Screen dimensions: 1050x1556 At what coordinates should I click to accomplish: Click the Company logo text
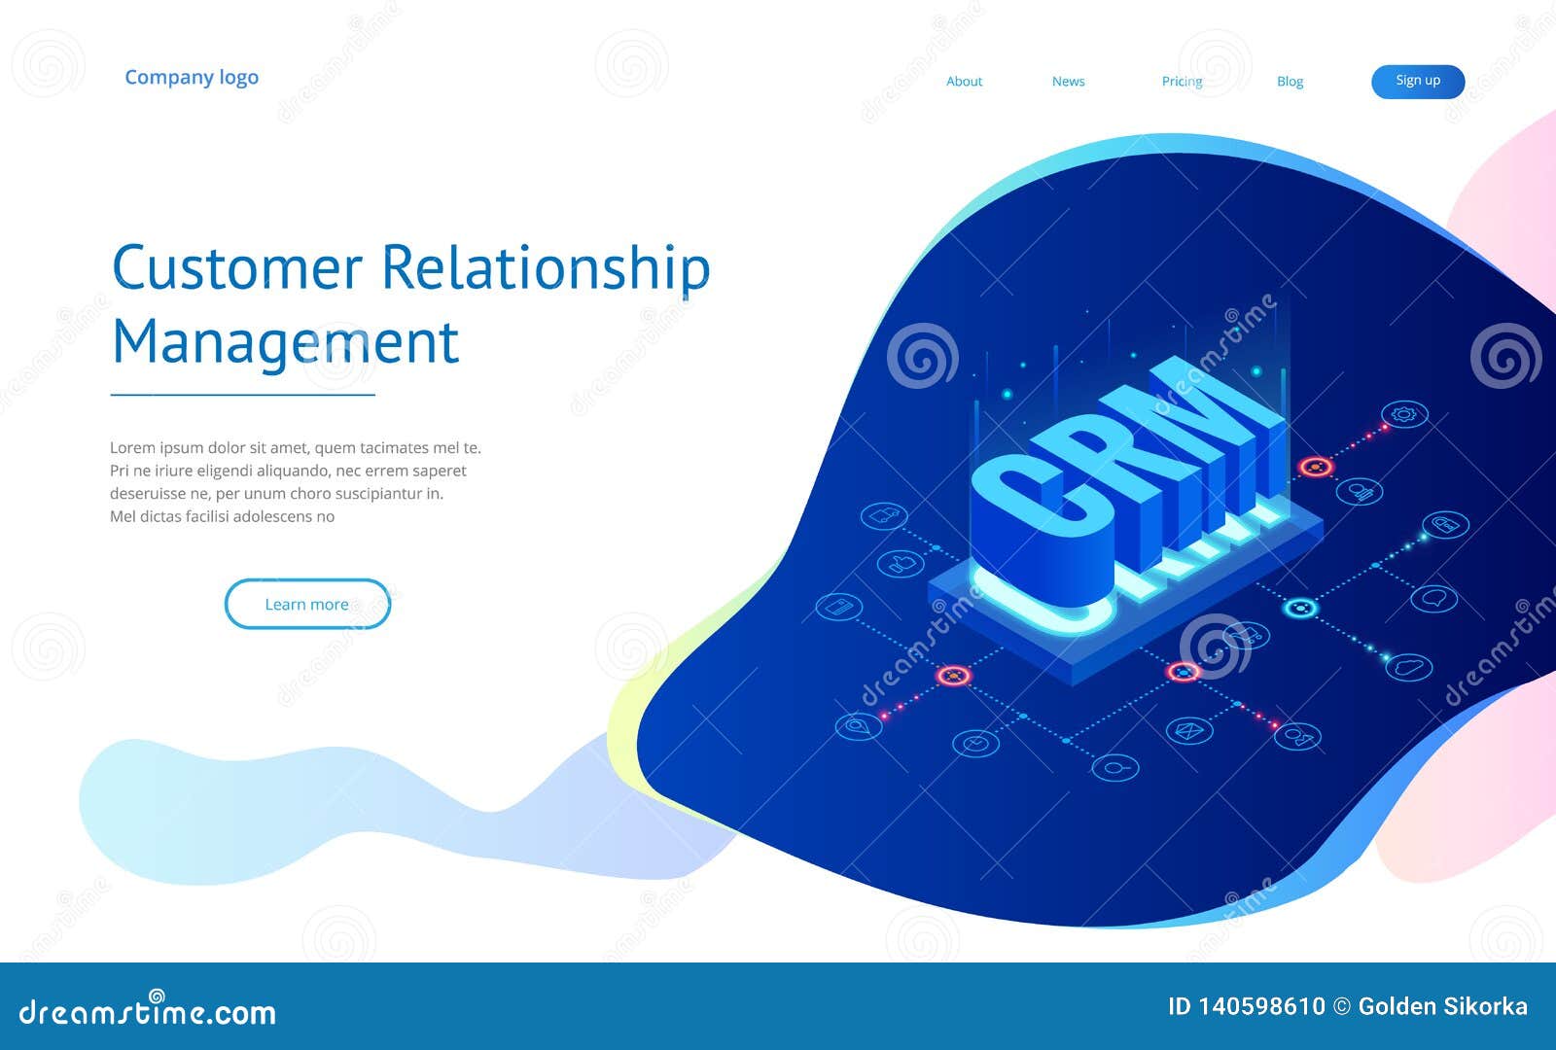(x=192, y=78)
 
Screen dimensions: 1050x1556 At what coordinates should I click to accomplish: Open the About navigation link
(x=964, y=82)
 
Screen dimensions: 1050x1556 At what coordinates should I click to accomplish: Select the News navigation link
(x=1068, y=82)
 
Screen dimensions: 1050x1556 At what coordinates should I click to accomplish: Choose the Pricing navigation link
(x=1182, y=82)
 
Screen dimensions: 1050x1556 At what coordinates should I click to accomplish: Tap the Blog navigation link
(x=1290, y=82)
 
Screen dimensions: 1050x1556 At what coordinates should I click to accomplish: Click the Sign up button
(x=1418, y=82)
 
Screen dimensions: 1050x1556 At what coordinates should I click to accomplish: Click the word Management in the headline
(x=285, y=342)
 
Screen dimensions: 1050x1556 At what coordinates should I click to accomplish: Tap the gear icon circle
(x=1404, y=415)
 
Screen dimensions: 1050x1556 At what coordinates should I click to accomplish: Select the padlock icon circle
(x=1445, y=525)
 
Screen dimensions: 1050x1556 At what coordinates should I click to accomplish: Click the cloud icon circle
(x=1408, y=667)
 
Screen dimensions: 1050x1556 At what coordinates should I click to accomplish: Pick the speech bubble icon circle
(x=1433, y=598)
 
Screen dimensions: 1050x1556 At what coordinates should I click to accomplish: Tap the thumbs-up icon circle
(x=901, y=563)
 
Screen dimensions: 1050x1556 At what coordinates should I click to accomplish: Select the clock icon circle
(x=975, y=744)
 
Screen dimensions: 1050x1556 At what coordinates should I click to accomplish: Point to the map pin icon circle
(x=859, y=726)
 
